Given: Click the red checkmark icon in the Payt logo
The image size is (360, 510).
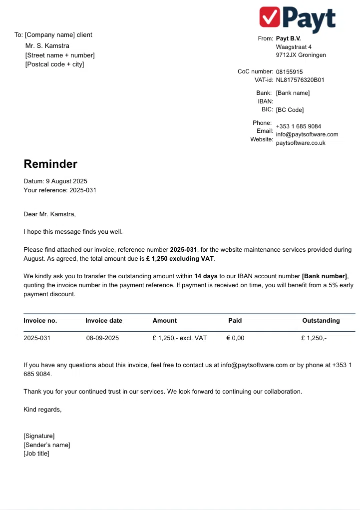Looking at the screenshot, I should click(x=270, y=18).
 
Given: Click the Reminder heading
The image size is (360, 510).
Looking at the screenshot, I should click(x=50, y=164).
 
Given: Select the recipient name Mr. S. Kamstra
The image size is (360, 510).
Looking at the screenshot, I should click(x=47, y=46).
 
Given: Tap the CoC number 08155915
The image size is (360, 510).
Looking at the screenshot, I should click(x=289, y=72).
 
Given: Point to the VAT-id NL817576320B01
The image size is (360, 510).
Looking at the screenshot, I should click(x=300, y=80).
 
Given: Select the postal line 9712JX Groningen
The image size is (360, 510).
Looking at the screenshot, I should click(x=301, y=55).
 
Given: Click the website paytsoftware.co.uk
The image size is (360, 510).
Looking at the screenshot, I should click(x=301, y=143).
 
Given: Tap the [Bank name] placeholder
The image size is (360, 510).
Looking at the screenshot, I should click(x=293, y=93).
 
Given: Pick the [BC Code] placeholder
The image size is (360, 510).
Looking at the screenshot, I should click(x=290, y=110).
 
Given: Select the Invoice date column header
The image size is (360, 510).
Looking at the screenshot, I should click(x=104, y=321).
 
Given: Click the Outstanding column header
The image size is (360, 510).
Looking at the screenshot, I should click(x=321, y=321).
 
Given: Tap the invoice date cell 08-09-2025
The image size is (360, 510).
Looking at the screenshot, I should click(x=102, y=338).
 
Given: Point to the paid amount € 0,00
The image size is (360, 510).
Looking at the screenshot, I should click(x=235, y=338).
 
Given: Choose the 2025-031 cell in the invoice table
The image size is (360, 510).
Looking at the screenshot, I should click(x=37, y=338).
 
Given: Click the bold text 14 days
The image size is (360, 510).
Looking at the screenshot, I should click(x=206, y=276).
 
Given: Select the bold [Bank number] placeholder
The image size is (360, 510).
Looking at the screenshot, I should click(x=324, y=276).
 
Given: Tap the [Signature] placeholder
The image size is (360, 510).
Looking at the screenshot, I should click(x=39, y=436).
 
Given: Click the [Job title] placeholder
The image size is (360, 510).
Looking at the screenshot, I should click(x=36, y=454).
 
